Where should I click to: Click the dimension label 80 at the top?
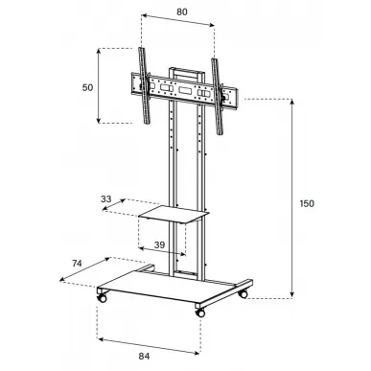[x=182, y=12]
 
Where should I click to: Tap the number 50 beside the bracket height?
[x=87, y=87]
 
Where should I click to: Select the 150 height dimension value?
[x=307, y=203]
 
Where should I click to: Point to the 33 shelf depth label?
[x=106, y=199]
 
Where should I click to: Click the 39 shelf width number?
[x=159, y=245]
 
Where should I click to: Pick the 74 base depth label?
[x=77, y=264]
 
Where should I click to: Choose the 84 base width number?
[x=144, y=356]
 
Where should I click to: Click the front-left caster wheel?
[x=102, y=297]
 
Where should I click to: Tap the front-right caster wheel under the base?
[x=200, y=313]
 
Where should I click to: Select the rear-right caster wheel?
[x=243, y=293]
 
